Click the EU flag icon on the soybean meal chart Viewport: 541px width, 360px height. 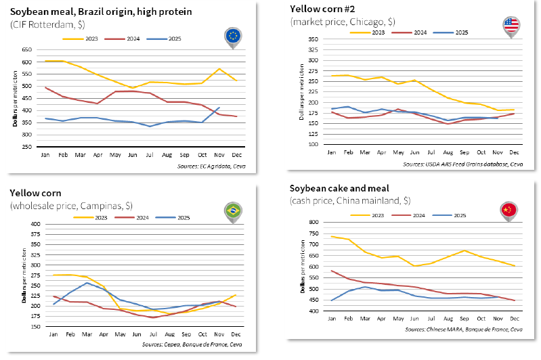pos(234,36)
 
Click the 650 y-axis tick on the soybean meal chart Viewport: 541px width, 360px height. pos(27,50)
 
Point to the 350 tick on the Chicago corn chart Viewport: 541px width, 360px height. pos(313,40)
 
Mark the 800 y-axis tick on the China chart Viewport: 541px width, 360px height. pos(313,222)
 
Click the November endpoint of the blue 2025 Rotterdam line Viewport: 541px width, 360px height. pos(219,107)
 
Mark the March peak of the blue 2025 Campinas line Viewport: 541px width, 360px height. pos(87,283)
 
